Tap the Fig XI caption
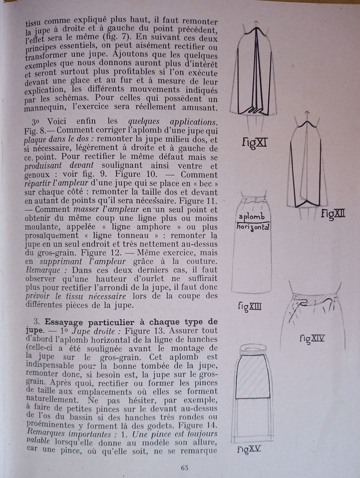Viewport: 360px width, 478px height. tap(255, 142)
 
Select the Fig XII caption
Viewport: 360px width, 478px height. tap(333, 214)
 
